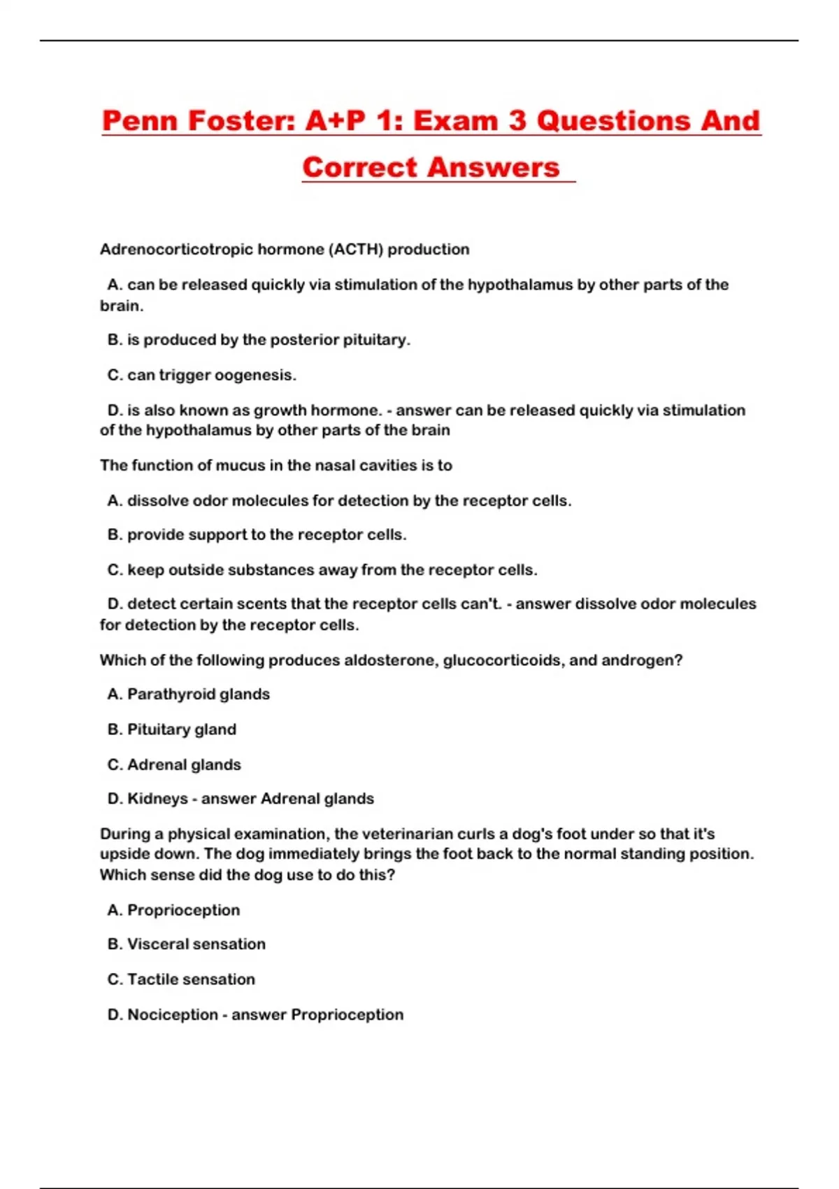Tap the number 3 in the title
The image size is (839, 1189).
click(517, 121)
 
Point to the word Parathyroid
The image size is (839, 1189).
click(168, 695)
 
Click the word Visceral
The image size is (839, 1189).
click(157, 944)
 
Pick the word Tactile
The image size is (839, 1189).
click(152, 979)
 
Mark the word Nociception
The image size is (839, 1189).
click(172, 1015)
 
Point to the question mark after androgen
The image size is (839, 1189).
click(678, 660)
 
